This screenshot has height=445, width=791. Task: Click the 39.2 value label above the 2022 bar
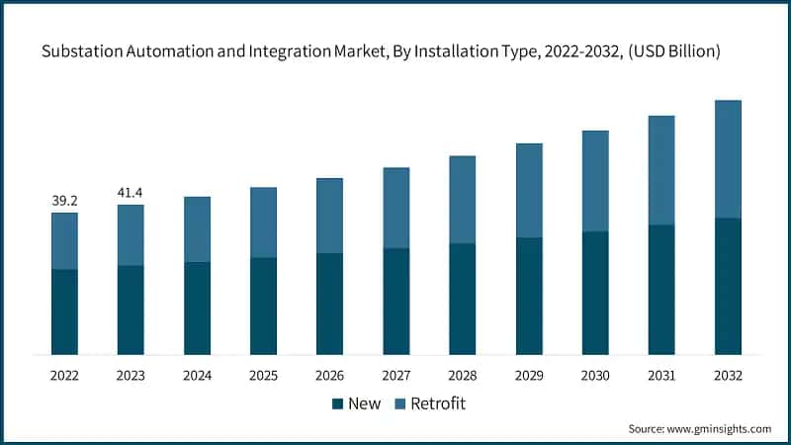coord(64,201)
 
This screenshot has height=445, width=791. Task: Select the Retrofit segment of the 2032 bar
coord(728,159)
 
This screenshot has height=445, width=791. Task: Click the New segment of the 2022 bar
coord(64,311)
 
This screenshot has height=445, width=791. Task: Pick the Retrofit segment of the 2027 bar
coord(396,208)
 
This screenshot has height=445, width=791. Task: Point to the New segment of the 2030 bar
coord(595,293)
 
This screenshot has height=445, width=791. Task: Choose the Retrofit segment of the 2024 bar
coord(197,229)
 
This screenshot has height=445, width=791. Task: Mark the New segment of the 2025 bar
coord(263,306)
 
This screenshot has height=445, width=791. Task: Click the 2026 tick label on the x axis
coord(329,376)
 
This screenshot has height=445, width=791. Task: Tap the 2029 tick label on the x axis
coord(529,376)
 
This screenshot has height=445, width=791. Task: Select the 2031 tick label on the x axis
coord(661,376)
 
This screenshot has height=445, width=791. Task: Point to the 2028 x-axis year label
coord(463,376)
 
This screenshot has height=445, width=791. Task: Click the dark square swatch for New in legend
coord(337,403)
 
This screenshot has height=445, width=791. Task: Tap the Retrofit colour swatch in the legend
coord(400,403)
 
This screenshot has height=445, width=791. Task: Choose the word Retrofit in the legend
coord(438,403)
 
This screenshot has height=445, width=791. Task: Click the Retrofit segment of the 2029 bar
coord(529,191)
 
